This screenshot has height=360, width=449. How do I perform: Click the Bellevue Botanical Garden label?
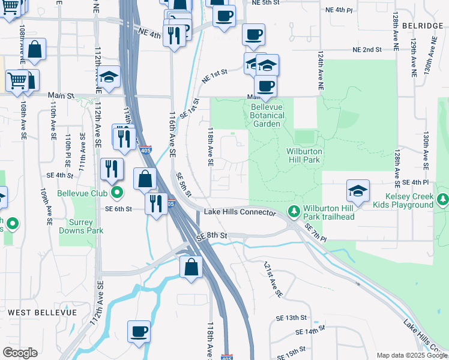266,115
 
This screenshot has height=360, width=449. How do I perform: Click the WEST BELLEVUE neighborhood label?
42,313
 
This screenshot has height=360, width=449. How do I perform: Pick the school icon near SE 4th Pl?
358,191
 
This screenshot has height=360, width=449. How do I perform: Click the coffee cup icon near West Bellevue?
139,331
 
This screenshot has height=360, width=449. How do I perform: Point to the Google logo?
20,353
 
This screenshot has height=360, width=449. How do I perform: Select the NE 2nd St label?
367,49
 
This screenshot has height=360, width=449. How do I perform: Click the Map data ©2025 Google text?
412,355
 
